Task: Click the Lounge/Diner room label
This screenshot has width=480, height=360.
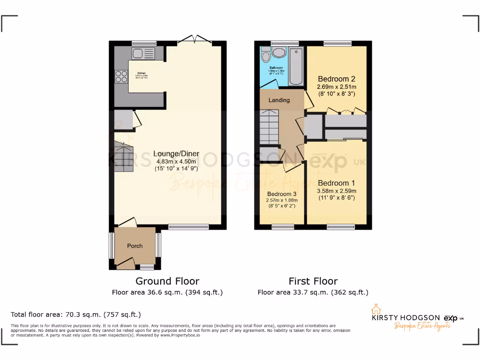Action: click(176, 154)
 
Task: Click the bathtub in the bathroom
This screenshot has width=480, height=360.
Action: click(296, 66)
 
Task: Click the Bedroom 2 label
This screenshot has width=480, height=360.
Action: click(337, 79)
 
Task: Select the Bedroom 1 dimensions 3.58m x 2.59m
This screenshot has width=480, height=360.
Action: click(337, 191)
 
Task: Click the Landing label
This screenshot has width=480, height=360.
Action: click(279, 100)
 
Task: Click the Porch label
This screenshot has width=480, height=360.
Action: click(135, 246)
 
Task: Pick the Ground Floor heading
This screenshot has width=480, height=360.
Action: click(167, 281)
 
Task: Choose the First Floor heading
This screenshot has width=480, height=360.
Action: click(313, 281)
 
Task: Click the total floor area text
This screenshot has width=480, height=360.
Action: click(75, 315)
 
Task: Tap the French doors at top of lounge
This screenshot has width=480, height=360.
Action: click(195, 40)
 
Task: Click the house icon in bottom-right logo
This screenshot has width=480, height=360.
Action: click(375, 309)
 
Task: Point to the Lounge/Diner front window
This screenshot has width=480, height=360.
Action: click(189, 227)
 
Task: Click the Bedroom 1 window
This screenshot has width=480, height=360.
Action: click(337, 227)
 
